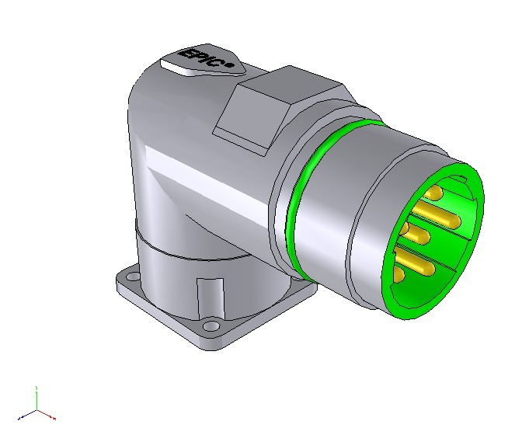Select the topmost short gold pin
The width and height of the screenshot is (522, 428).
click(434, 193)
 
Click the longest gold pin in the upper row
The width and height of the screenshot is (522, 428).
click(437, 214)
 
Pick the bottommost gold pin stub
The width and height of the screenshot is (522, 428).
click(398, 274)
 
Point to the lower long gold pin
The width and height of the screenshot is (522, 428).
click(416, 262)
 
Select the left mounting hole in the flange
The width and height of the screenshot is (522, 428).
click(134, 276)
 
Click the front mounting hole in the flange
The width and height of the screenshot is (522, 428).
click(210, 325)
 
